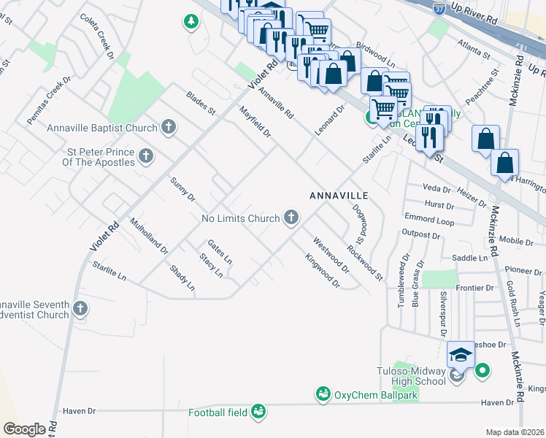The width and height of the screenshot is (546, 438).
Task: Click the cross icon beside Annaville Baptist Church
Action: pyautogui.click(x=169, y=128)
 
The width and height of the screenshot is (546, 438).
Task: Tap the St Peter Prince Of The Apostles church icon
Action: pyautogui.click(x=146, y=155)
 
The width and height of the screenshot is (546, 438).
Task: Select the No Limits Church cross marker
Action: pyautogui.click(x=291, y=218)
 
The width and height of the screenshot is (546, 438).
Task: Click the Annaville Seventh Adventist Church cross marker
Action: pyautogui.click(x=80, y=310)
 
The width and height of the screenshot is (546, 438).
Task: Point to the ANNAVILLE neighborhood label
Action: pyautogui.click(x=339, y=196)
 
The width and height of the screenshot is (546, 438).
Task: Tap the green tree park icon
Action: pyautogui.click(x=191, y=22)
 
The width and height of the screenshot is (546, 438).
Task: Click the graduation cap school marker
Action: pyautogui.click(x=461, y=355)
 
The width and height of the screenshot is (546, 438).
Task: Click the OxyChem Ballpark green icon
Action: pyautogui.click(x=323, y=394)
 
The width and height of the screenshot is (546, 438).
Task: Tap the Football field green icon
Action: pyautogui.click(x=258, y=412)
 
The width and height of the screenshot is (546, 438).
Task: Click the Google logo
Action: pyautogui.click(x=24, y=429)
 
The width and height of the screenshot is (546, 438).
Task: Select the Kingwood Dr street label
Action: pyautogui.click(x=323, y=270)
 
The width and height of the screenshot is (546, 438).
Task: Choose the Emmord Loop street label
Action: pyautogui.click(x=428, y=220)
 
